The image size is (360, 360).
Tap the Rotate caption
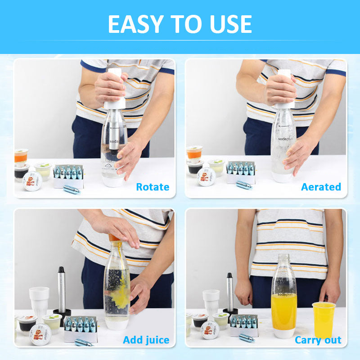click(x=153, y=186)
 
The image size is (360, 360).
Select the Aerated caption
click(x=321, y=186)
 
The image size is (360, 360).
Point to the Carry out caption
click(x=318, y=340)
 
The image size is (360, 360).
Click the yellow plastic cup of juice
click(x=323, y=319)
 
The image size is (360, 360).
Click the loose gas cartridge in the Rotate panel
click(x=71, y=189)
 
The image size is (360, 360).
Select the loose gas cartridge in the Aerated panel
click(x=244, y=185)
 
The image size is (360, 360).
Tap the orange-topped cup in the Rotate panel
click(x=21, y=156)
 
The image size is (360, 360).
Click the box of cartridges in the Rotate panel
click(x=68, y=176)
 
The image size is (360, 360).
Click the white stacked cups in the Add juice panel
click(x=39, y=301)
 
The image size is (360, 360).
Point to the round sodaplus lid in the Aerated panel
click(x=206, y=177)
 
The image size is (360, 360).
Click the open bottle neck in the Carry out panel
click(x=283, y=260)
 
